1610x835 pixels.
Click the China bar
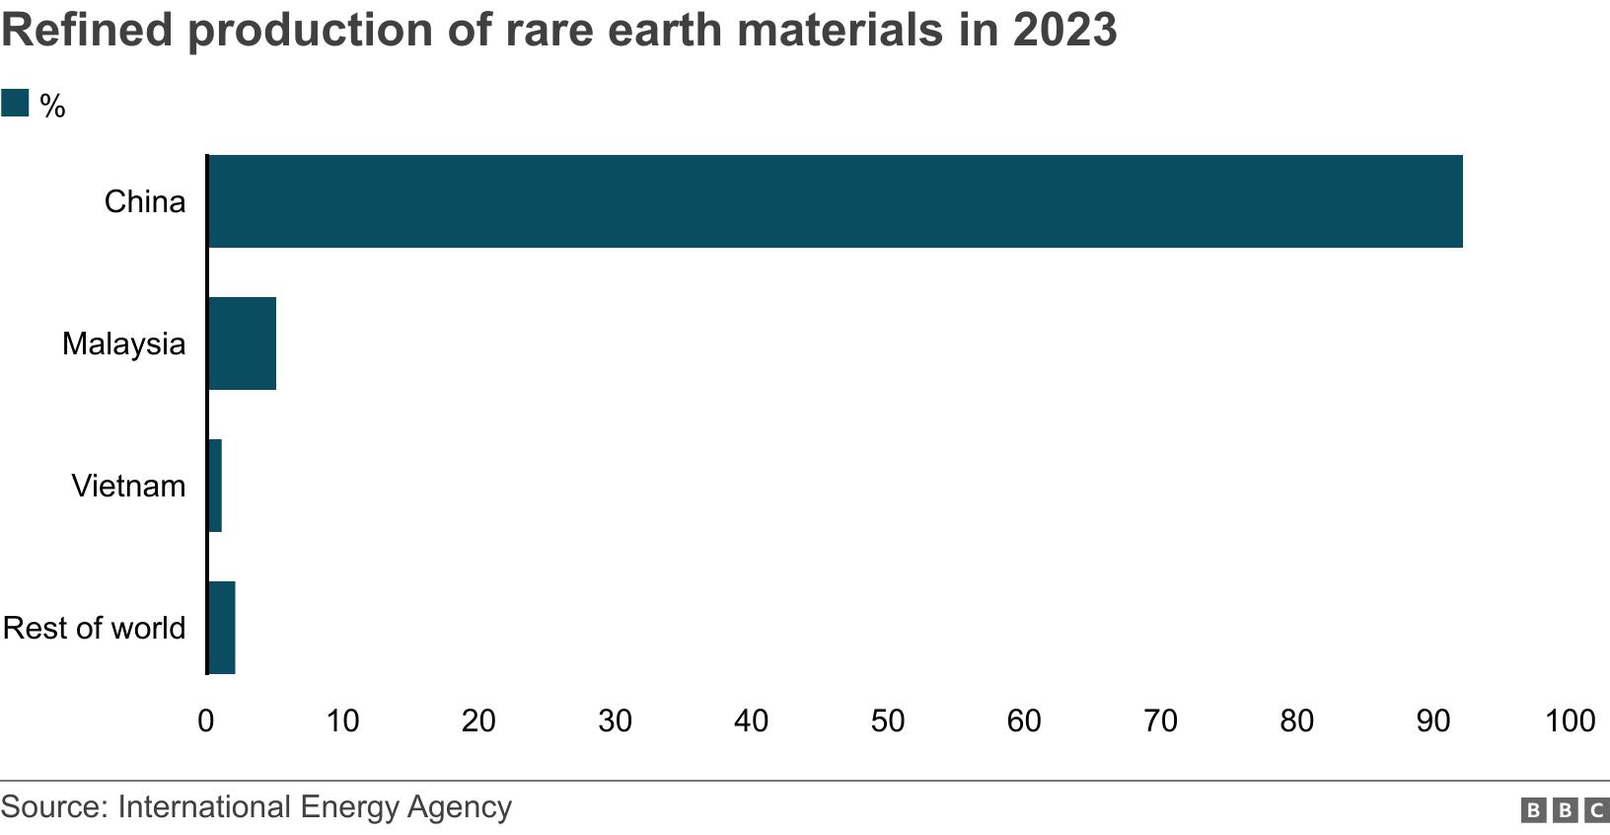(x=835, y=201)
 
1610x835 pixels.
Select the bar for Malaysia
(x=243, y=343)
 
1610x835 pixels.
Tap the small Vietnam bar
(x=215, y=486)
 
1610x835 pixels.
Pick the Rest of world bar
(x=222, y=628)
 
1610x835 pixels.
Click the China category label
(x=145, y=202)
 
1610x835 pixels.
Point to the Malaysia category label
(x=123, y=344)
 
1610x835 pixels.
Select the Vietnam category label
(x=128, y=487)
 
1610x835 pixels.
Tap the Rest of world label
(x=94, y=629)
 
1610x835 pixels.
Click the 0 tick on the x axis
(x=206, y=721)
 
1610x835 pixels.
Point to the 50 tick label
(x=888, y=721)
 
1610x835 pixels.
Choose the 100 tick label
(x=1570, y=721)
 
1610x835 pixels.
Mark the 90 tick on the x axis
(x=1433, y=721)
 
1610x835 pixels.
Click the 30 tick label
(x=615, y=721)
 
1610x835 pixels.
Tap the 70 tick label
(x=1160, y=721)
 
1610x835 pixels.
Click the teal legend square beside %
(x=15, y=104)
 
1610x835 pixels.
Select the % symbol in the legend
(x=52, y=107)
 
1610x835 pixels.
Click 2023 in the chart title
(x=1063, y=30)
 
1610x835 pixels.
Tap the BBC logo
(x=1565, y=811)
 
